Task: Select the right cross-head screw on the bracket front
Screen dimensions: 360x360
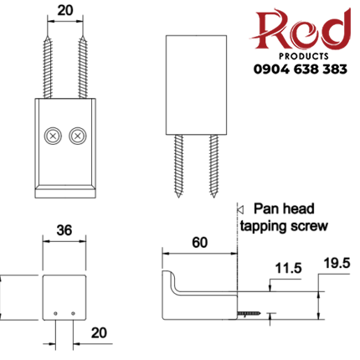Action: pos(77,134)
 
